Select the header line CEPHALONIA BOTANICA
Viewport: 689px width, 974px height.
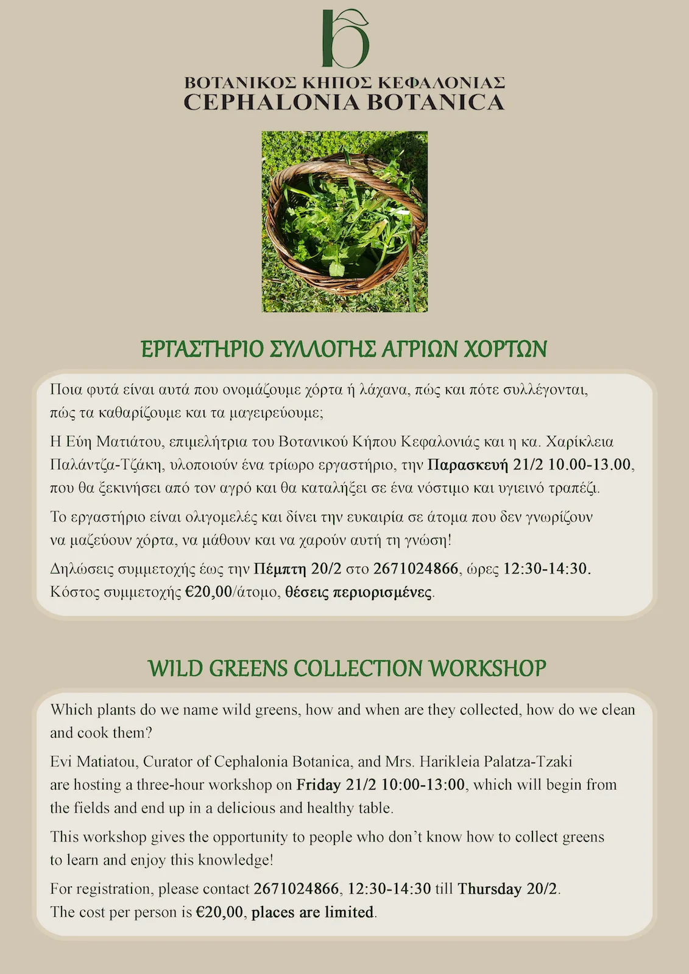(344, 102)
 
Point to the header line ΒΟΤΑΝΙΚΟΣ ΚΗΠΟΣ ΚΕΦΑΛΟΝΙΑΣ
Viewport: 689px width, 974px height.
(344, 82)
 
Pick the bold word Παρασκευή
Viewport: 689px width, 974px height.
(468, 465)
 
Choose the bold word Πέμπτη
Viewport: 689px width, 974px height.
(280, 569)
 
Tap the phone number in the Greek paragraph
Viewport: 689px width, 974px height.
(415, 569)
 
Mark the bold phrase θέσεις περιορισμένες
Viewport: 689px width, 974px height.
(359, 592)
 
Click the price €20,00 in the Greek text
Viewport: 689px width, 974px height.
(208, 592)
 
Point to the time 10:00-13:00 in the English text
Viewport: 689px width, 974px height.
(423, 785)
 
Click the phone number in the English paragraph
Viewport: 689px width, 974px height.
(296, 889)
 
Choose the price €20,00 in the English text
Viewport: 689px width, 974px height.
(220, 912)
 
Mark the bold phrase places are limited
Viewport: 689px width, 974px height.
(313, 912)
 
